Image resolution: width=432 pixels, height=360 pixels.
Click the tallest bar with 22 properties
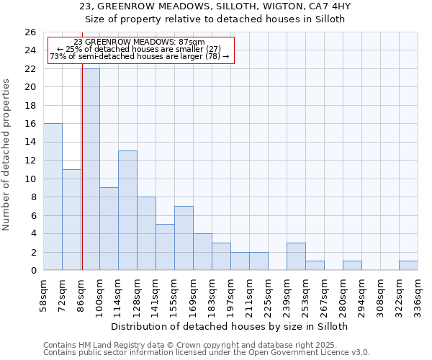point(91,169)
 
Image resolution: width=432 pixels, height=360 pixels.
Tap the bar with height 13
point(127,210)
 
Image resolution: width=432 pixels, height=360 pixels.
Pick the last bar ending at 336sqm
point(408,266)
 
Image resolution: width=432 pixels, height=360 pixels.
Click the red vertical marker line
point(81,180)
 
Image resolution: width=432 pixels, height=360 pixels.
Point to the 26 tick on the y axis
point(30,32)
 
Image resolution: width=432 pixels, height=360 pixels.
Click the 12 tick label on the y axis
point(30,161)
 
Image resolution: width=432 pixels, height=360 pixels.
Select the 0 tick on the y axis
point(33,271)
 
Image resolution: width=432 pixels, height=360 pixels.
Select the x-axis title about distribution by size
point(230,326)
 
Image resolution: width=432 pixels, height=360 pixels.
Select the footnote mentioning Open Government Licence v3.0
point(207,353)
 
